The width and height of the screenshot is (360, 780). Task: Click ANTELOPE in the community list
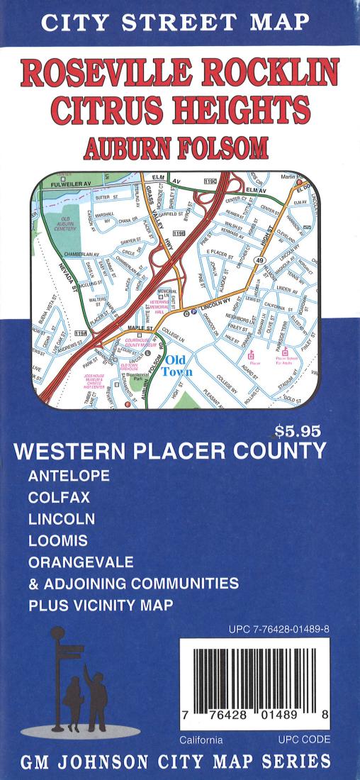coord(69,477)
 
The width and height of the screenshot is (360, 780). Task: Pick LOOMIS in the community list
coord(58,540)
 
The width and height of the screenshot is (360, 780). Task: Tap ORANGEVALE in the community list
coord(81,562)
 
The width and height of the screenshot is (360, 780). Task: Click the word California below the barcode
coord(201,740)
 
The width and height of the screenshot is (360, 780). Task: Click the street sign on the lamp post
coord(69,650)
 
